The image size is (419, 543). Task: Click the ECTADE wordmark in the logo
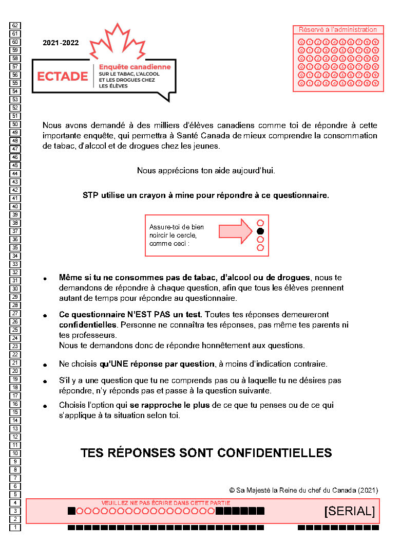click(63, 76)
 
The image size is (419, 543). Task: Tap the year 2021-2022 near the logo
click(61, 43)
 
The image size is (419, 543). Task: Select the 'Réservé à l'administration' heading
click(338, 30)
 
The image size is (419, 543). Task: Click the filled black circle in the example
click(260, 231)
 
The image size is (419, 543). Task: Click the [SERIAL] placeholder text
click(349, 511)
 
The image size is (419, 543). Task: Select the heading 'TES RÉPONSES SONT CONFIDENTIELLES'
click(206, 453)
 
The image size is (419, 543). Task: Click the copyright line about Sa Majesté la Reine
click(303, 490)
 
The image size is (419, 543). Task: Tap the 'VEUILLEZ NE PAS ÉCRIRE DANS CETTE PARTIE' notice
click(166, 502)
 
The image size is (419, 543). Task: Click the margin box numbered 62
click(15, 25)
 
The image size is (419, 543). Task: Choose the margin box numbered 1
click(15, 527)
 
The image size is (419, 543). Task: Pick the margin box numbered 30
click(15, 288)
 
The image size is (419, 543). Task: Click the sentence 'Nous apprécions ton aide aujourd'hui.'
click(206, 171)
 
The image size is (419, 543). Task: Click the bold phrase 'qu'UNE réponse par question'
click(157, 364)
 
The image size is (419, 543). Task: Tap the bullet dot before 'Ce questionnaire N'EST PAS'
click(45, 315)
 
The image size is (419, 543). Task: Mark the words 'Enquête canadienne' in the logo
click(135, 67)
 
